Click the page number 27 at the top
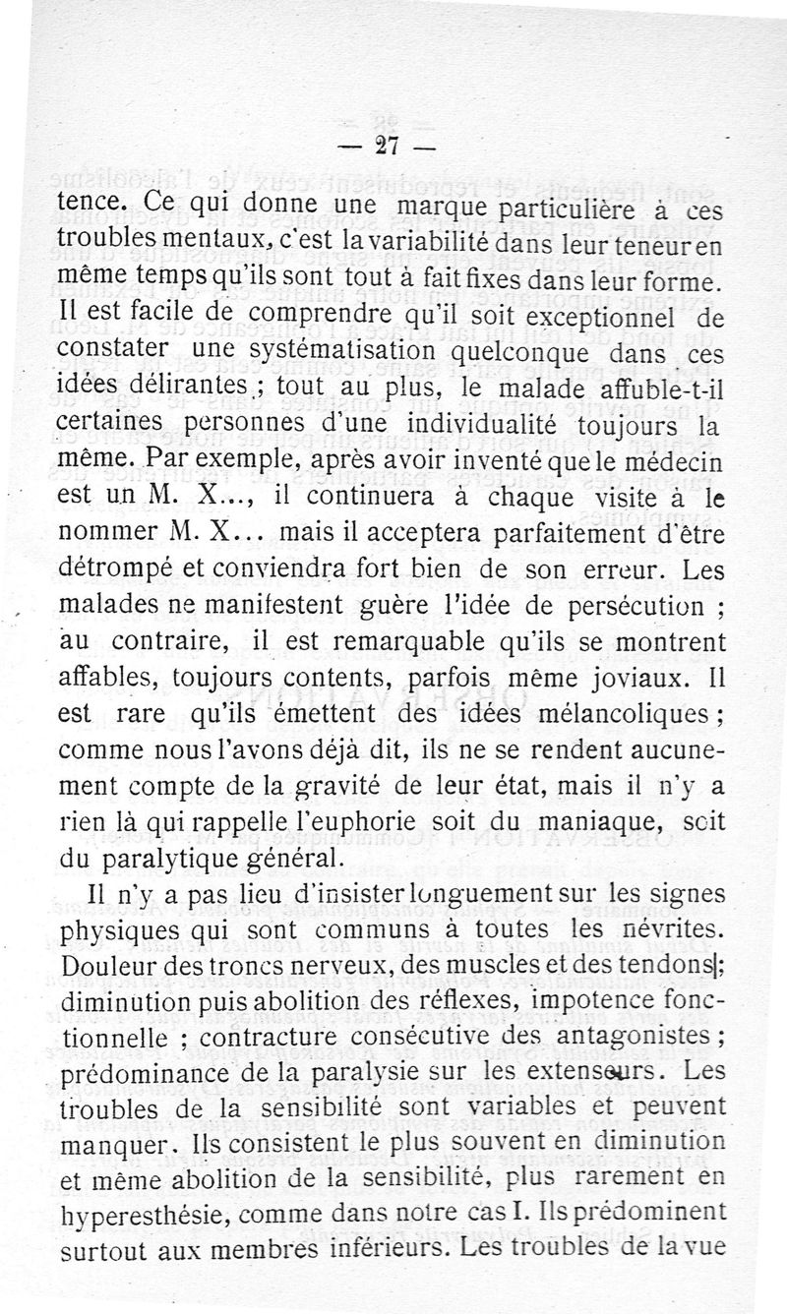pyautogui.click(x=385, y=147)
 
